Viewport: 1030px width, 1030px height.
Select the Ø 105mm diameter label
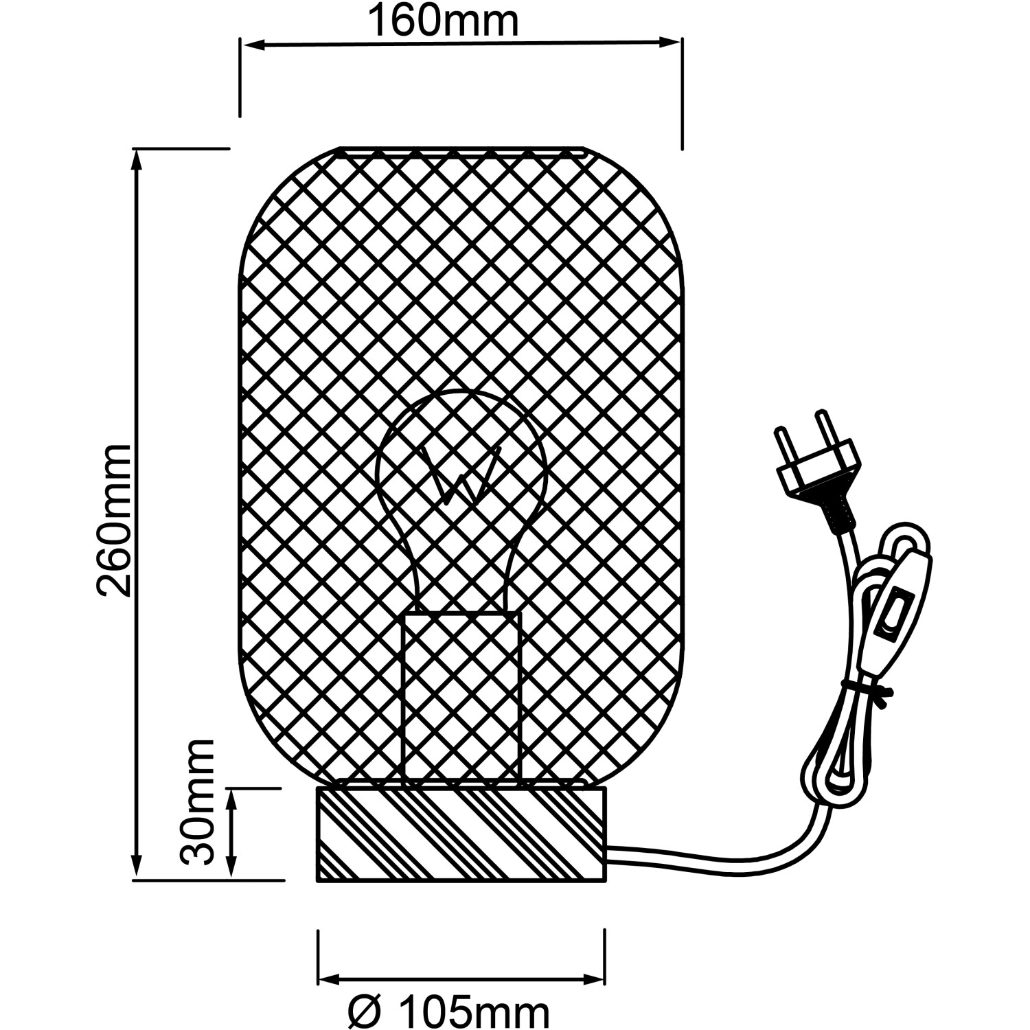pyautogui.click(x=448, y=1012)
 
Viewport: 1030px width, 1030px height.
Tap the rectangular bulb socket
pyautogui.click(x=461, y=694)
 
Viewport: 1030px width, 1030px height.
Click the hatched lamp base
pyautogui.click(x=461, y=834)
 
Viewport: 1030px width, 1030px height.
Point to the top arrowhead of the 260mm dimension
pyautogui.click(x=137, y=159)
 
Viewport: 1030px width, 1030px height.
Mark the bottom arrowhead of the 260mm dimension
pyautogui.click(x=137, y=867)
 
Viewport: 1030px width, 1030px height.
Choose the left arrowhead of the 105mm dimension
pyautogui.click(x=329, y=976)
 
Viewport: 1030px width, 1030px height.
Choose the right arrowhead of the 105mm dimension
pyautogui.click(x=595, y=976)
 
